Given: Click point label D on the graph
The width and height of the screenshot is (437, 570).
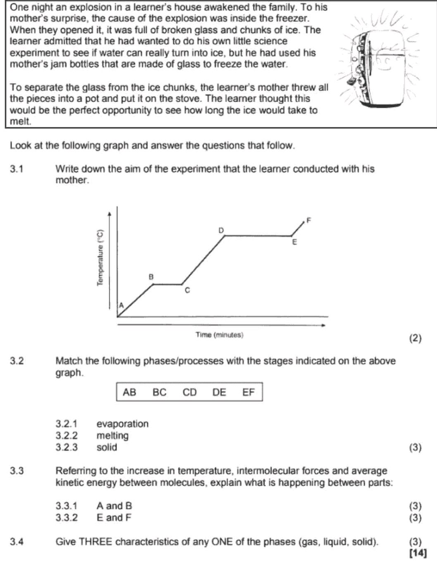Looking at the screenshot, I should click(x=221, y=229).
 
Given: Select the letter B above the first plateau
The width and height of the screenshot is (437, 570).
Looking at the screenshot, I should click(x=151, y=276).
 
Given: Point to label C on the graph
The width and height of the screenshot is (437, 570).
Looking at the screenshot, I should click(x=187, y=291).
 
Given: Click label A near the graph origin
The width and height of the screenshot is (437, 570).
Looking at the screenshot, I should click(x=121, y=305).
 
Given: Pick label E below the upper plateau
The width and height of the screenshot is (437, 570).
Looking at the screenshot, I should click(x=294, y=242).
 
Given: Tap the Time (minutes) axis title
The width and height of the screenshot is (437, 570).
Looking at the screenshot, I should click(x=220, y=335).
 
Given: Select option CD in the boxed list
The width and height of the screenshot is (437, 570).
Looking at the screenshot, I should click(x=190, y=392).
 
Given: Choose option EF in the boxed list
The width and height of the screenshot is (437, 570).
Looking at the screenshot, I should click(x=248, y=392).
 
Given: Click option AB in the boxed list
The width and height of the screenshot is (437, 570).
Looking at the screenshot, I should click(x=129, y=392).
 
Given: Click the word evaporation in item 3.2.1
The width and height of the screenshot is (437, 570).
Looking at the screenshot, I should click(x=122, y=424).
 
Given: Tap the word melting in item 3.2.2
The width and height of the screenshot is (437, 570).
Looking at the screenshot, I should click(x=112, y=435).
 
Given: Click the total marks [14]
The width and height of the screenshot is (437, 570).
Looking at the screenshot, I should click(x=417, y=553).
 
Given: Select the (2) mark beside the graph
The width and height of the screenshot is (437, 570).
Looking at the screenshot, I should click(x=415, y=339).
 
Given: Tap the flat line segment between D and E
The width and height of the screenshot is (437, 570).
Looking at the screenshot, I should click(x=258, y=236).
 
